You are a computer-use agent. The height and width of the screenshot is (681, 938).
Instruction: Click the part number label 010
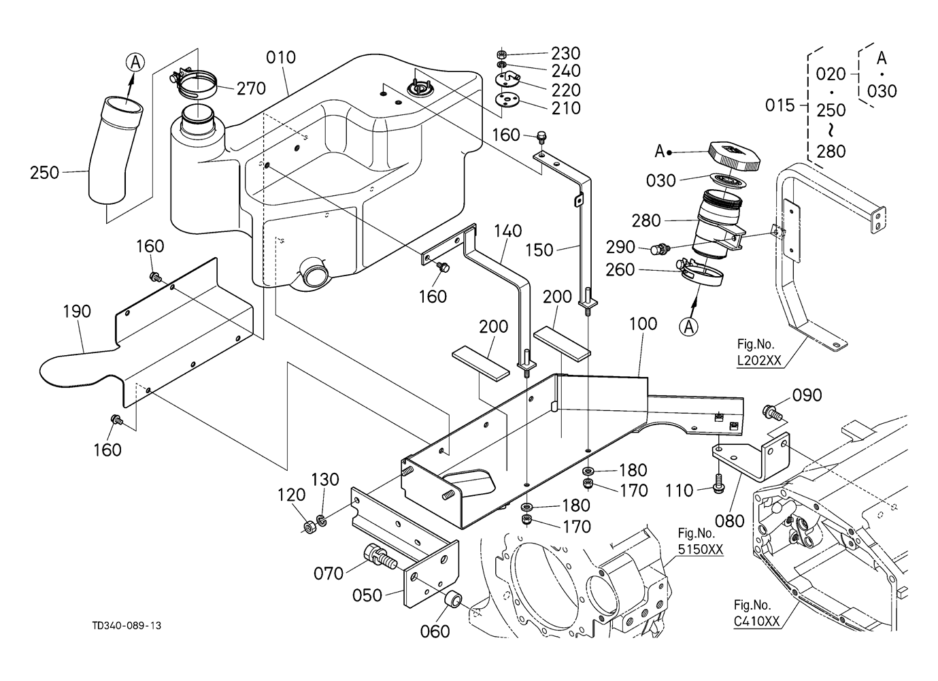pos(281,57)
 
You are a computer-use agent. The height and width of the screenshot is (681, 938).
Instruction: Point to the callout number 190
pos(76,312)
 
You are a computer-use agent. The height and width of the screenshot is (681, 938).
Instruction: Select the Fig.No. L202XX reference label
pos(759,353)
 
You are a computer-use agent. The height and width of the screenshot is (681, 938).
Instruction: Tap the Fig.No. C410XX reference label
pos(756,613)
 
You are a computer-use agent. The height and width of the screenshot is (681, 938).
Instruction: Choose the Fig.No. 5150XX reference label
pos(701,541)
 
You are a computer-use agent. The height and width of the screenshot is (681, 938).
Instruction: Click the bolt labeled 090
pos(772,410)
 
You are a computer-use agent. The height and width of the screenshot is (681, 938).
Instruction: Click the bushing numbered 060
pos(453,601)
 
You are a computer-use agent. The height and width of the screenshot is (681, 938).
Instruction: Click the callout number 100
pos(642,324)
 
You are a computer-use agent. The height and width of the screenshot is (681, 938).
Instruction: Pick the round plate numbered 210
pos(507,101)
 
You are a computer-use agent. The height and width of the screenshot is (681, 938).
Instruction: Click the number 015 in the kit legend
pos(780,105)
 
